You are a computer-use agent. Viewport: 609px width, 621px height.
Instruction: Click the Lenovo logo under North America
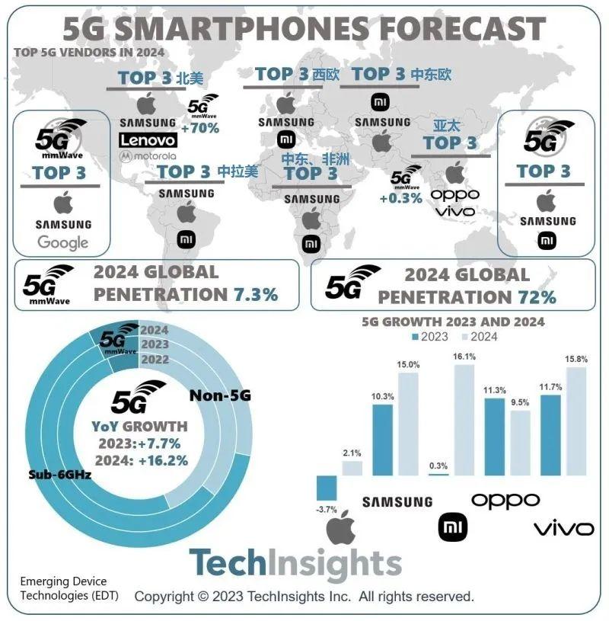click(x=148, y=140)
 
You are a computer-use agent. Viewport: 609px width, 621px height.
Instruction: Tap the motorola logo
click(x=148, y=156)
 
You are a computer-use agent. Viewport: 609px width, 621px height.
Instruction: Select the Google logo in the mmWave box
click(x=63, y=243)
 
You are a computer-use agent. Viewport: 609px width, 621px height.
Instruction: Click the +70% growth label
click(x=202, y=127)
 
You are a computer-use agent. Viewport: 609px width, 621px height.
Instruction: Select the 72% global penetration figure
click(x=537, y=296)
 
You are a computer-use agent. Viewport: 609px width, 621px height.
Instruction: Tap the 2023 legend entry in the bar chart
click(x=431, y=337)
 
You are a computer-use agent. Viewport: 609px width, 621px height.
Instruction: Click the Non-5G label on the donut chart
click(x=219, y=395)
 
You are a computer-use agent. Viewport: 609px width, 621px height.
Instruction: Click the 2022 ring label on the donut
click(x=155, y=359)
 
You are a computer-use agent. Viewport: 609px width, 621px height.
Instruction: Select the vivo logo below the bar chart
click(x=563, y=528)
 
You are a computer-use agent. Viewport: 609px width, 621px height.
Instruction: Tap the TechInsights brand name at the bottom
click(x=295, y=564)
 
